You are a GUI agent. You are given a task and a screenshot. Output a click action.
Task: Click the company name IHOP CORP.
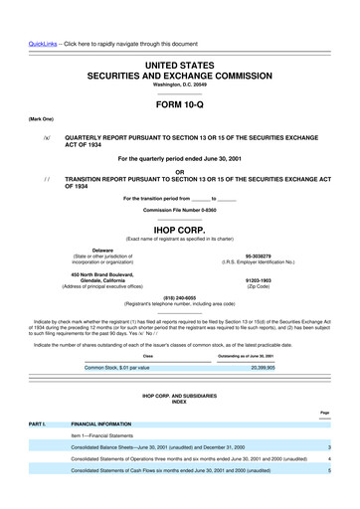(x=179, y=227)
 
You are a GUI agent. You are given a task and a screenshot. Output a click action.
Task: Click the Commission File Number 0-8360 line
(x=179, y=211)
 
